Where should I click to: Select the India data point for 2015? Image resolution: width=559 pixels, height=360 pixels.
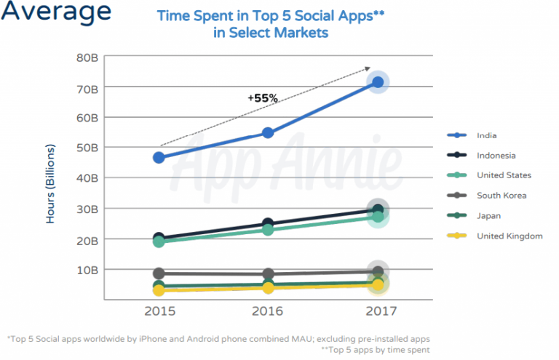159,157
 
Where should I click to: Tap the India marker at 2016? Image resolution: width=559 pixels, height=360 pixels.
268,132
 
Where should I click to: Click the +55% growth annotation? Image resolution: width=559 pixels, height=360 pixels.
262,97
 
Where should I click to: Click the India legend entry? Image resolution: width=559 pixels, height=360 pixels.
486,135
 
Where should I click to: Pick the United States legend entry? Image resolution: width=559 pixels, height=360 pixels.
503,175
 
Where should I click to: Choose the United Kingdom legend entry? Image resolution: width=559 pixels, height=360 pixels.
509,236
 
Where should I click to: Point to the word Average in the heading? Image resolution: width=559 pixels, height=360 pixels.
56,12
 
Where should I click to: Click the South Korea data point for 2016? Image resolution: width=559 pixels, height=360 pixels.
268,274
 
